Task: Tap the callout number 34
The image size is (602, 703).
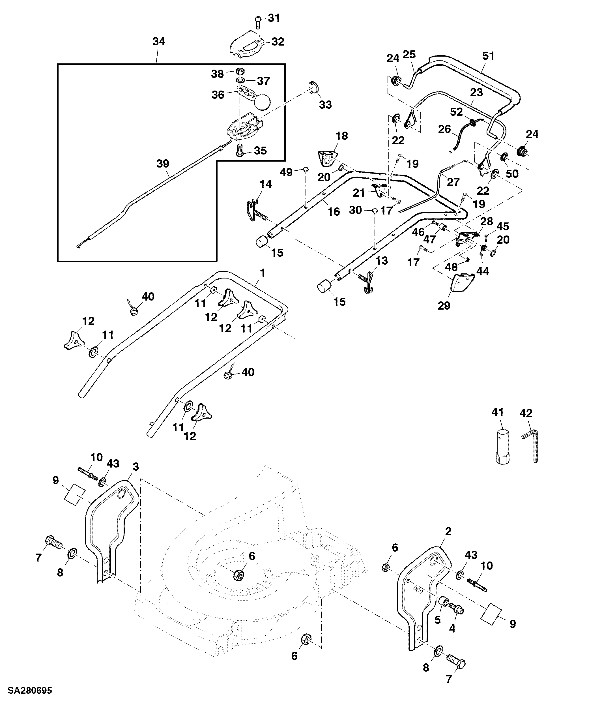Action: click(159, 41)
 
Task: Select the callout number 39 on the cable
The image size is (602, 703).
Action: click(163, 164)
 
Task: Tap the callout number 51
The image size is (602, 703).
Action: click(488, 56)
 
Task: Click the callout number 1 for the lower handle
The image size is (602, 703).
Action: click(262, 273)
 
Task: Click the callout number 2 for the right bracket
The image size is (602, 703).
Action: click(448, 531)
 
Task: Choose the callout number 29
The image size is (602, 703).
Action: click(444, 306)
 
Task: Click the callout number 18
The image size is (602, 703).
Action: click(341, 136)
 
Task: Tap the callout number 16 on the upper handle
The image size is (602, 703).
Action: click(334, 212)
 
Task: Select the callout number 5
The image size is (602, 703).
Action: click(438, 620)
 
